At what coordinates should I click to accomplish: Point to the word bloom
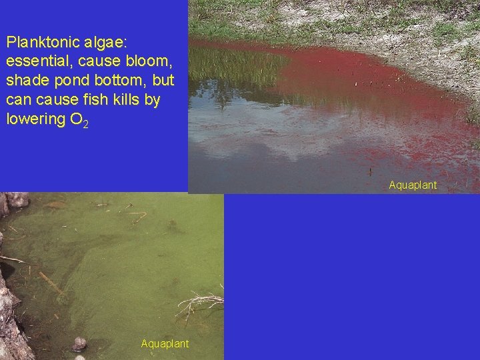151,61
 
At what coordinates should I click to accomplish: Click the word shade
24,81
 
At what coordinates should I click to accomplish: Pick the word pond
65,81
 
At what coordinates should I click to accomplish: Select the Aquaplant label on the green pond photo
165,343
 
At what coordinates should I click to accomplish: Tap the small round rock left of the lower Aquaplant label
79,344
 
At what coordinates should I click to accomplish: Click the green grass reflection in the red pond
233,67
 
